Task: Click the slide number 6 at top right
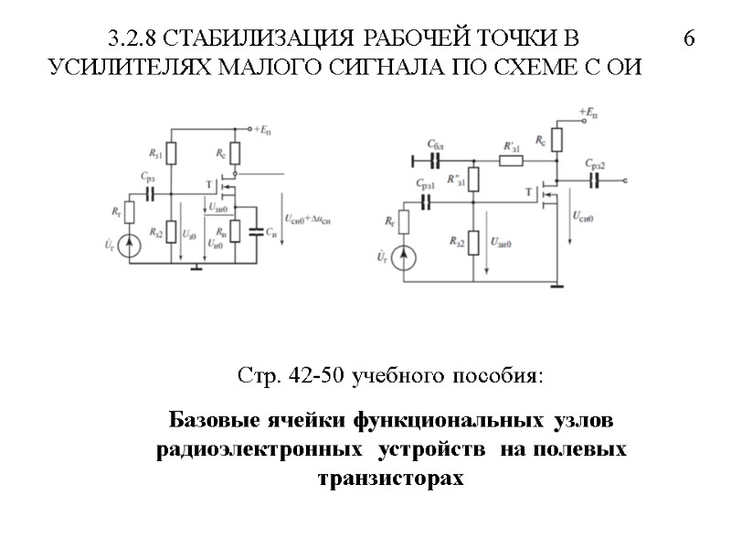click(689, 38)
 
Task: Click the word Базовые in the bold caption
click(210, 421)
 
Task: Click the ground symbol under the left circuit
click(196, 267)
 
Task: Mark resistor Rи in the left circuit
click(236, 231)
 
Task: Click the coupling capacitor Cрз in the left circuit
click(152, 194)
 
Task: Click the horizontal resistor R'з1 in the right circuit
click(510, 161)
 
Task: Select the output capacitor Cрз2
click(595, 180)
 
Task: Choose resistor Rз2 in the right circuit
click(473, 242)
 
